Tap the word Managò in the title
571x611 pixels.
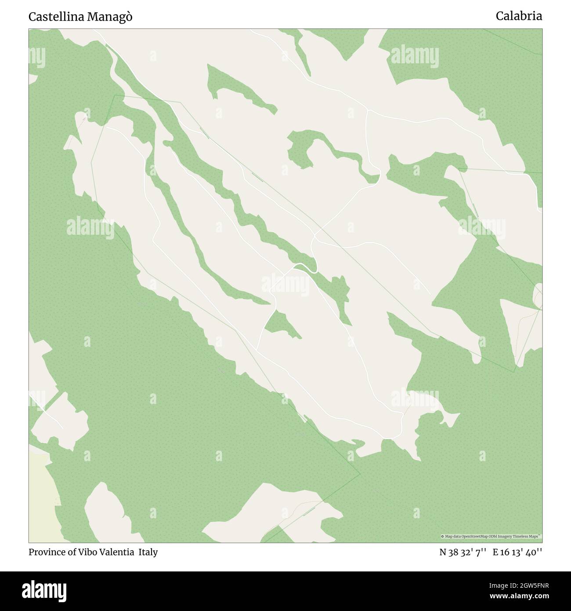110,17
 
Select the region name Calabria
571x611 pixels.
519,16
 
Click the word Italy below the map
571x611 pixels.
148,552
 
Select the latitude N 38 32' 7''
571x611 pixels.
462,552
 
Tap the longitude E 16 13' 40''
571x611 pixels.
517,552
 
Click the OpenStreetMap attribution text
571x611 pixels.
491,536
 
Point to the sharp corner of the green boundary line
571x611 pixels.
360,474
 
